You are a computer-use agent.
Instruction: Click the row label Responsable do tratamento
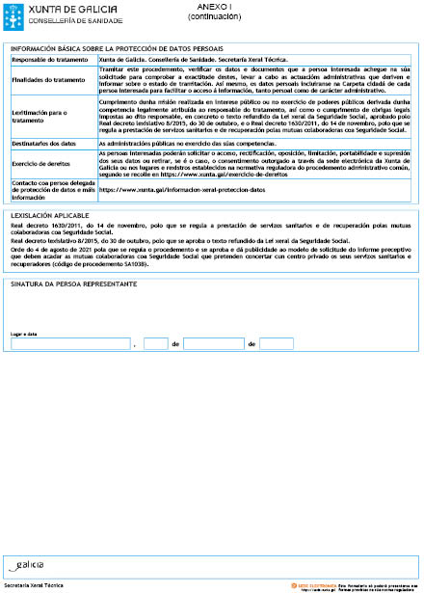47,60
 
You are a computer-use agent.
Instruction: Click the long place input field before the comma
69,344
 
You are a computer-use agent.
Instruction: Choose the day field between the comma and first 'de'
155,344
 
